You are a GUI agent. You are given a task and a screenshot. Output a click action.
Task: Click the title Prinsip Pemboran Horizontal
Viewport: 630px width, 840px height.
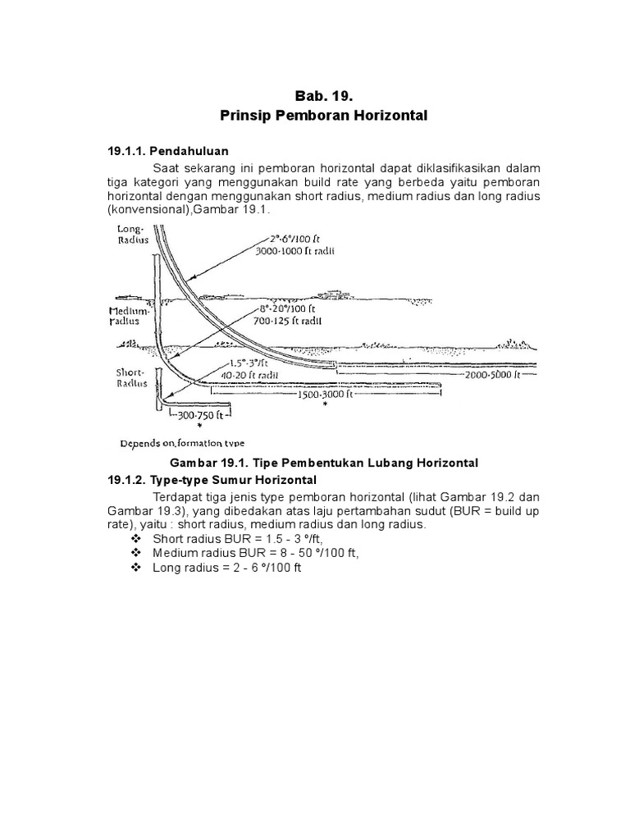(x=323, y=116)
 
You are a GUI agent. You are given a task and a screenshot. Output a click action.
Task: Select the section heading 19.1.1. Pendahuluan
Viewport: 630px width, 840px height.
(x=168, y=151)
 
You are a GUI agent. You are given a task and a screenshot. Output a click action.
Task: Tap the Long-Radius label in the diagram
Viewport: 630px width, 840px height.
(x=131, y=235)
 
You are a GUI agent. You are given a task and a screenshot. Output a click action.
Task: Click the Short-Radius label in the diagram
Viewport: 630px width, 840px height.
(x=131, y=377)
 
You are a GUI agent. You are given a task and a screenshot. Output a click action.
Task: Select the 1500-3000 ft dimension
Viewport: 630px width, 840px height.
(x=325, y=394)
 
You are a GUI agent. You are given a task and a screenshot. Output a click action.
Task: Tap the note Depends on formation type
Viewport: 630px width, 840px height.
(x=182, y=442)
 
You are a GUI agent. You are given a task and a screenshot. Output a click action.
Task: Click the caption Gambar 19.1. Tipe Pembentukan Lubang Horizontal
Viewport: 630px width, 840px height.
(x=323, y=463)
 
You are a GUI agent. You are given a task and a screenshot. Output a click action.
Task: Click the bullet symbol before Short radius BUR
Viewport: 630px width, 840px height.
(x=136, y=539)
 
